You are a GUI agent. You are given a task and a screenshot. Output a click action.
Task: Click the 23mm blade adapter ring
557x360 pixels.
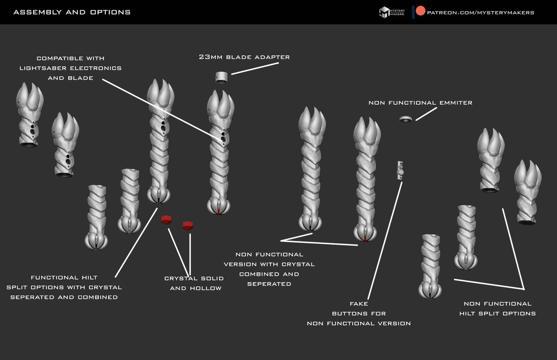click(221, 77)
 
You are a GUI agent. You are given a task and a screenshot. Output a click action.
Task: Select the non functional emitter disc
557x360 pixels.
click(406, 119)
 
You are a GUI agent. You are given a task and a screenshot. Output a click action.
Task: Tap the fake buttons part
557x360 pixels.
click(400, 170)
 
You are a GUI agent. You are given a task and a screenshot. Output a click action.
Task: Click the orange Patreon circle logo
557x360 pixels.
click(420, 11)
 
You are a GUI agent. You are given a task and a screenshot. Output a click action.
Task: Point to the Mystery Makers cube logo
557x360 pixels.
click(384, 12)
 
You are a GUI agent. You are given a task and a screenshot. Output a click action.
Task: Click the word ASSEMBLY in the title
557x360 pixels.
click(37, 12)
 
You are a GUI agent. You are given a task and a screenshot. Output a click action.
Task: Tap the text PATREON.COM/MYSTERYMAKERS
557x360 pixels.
click(480, 13)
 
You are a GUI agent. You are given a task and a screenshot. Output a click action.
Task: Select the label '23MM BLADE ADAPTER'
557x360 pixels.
click(244, 57)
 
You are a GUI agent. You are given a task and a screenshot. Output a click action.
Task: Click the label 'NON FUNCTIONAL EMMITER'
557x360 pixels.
click(420, 103)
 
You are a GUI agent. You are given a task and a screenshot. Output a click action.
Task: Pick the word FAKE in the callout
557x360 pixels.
click(359, 304)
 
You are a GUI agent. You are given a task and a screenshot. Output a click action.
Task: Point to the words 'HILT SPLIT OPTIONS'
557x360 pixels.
click(497, 314)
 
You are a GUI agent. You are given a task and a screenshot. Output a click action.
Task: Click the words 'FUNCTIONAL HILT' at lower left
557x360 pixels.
click(64, 277)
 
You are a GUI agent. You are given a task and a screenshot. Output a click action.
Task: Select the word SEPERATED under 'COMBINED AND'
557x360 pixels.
click(269, 284)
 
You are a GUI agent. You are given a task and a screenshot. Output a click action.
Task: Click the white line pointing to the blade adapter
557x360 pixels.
click(255, 69)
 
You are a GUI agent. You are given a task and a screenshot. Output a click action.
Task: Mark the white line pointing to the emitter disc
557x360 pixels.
click(426, 114)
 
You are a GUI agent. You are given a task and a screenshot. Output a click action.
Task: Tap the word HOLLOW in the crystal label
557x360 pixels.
click(206, 288)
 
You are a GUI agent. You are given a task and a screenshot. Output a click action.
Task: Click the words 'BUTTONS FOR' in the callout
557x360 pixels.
click(359, 314)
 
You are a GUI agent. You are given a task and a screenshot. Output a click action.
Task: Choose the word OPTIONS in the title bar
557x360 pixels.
click(110, 12)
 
